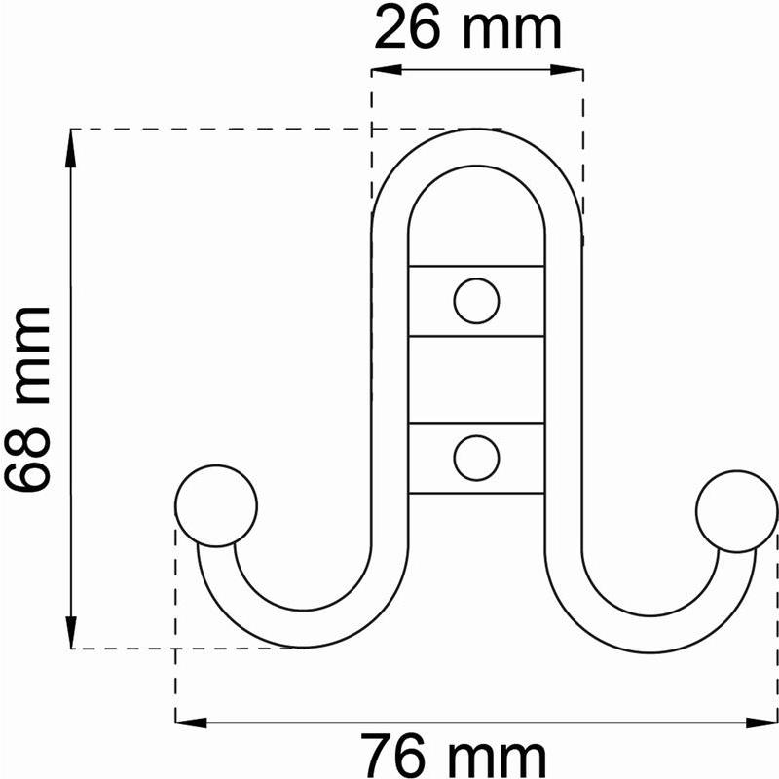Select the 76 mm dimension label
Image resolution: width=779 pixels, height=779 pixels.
pyautogui.click(x=453, y=756)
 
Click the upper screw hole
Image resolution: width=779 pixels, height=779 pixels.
pyautogui.click(x=476, y=301)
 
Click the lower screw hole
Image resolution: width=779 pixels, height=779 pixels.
pyautogui.click(x=476, y=458)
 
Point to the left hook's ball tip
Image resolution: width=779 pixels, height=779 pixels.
pyautogui.click(x=216, y=505)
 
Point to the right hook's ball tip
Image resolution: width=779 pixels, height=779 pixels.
pyautogui.click(x=737, y=511)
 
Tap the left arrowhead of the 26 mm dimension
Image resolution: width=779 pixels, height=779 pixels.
pyautogui.click(x=387, y=70)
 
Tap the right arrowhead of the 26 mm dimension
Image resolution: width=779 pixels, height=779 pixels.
pyautogui.click(x=567, y=70)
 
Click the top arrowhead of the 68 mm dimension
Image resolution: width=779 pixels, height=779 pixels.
pyautogui.click(x=71, y=148)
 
